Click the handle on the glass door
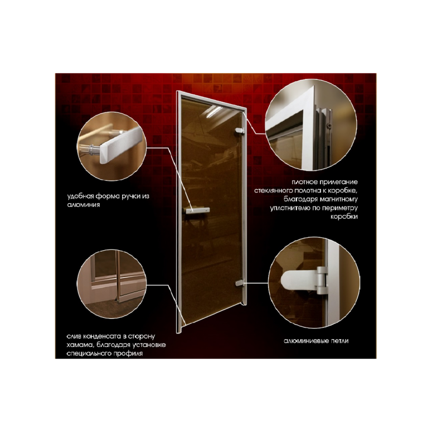pyautogui.click(x=197, y=210)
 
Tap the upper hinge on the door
pyautogui.click(x=240, y=131)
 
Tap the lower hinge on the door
pyautogui.click(x=240, y=283)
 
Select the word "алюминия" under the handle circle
pyautogui.click(x=83, y=205)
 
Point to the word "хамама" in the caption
pyautogui.click(x=80, y=345)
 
